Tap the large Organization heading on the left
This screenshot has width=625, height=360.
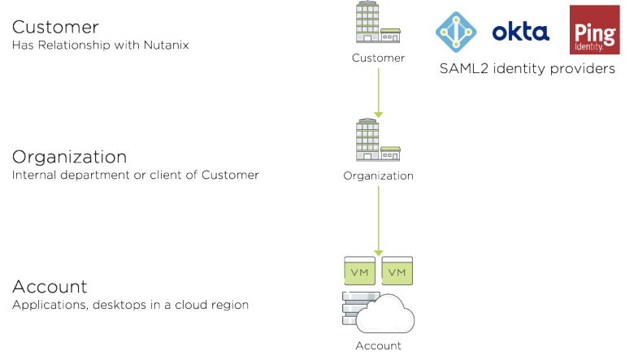pos(69,156)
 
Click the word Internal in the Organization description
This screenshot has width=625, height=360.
pos(35,175)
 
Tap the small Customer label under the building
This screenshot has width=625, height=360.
pos(378,58)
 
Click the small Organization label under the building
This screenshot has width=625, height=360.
pos(378,176)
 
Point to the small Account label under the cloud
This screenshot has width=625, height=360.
pos(378,345)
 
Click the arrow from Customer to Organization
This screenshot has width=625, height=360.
pos(378,91)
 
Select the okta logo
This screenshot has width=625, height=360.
pos(520,32)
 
